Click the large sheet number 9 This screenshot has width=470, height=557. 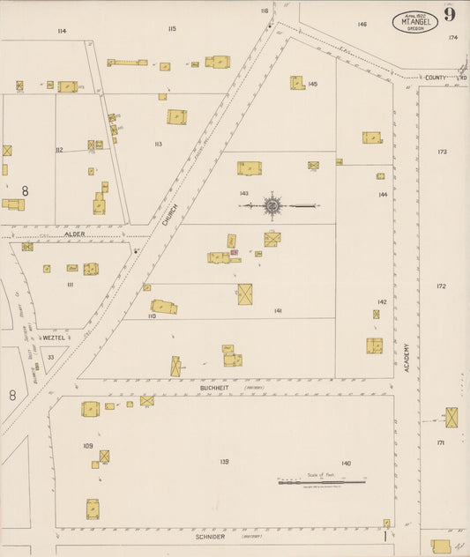(x=450, y=14)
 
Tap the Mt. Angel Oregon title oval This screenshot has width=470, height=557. (x=414, y=22)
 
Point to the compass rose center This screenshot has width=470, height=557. (x=272, y=206)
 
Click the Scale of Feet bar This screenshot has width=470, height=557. (x=322, y=482)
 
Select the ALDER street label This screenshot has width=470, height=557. (x=74, y=234)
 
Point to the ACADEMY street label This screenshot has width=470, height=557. (x=407, y=358)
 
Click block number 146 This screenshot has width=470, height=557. (x=362, y=24)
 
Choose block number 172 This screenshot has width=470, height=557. (x=441, y=286)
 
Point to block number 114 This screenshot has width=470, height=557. (x=61, y=31)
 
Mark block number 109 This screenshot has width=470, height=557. (x=88, y=446)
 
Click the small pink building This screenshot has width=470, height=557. (x=235, y=253)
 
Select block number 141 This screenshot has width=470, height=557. (x=278, y=311)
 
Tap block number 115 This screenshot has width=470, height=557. (x=172, y=29)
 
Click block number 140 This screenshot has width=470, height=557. (x=347, y=463)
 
